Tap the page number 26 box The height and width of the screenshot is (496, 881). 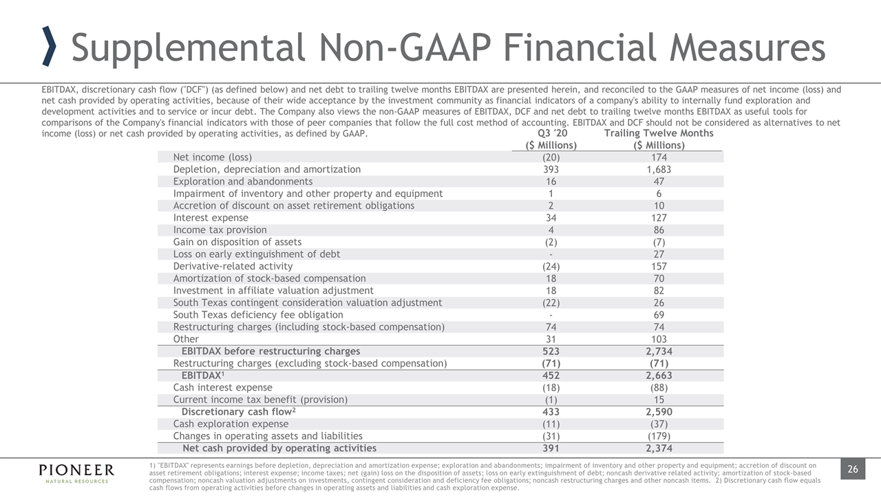(852, 470)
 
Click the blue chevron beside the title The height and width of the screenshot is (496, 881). (49, 47)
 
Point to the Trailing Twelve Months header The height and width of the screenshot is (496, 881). (659, 133)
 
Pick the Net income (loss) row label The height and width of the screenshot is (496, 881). (212, 157)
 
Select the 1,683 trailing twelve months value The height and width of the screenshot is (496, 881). (659, 169)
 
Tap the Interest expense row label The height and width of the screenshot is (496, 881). (211, 218)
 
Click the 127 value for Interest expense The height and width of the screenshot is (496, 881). (659, 218)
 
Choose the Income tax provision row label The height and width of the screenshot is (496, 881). (220, 230)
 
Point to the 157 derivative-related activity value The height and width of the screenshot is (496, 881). (659, 266)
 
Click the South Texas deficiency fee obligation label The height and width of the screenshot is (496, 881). (248, 315)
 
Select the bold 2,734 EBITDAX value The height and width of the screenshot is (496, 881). (659, 351)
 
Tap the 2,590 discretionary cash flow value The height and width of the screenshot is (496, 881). (659, 412)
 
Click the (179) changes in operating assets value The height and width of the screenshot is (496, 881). (659, 436)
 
